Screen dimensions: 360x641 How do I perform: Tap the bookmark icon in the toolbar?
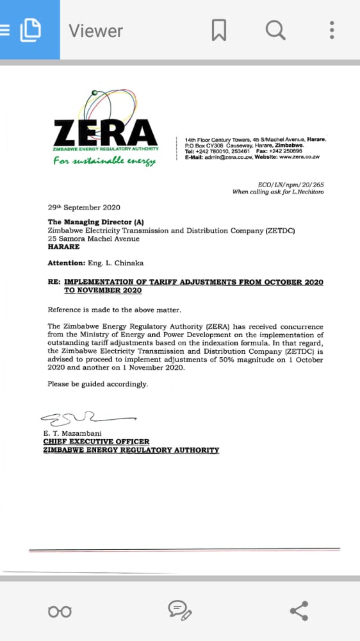click(x=219, y=29)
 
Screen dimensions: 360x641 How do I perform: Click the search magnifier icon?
click(x=275, y=29)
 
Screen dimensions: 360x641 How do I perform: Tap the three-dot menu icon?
click(x=332, y=29)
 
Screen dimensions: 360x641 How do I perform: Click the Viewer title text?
click(x=96, y=30)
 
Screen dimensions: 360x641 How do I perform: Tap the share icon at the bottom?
click(x=299, y=611)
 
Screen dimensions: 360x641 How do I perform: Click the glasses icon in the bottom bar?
click(x=60, y=612)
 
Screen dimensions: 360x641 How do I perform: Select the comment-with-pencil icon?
click(x=179, y=611)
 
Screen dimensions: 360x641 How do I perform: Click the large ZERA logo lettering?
click(x=106, y=133)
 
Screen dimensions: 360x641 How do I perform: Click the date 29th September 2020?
click(x=84, y=207)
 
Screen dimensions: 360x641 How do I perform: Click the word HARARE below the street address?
click(x=64, y=247)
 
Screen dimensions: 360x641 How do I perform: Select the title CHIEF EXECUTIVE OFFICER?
click(x=96, y=442)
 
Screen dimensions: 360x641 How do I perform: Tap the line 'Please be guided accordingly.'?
click(x=98, y=384)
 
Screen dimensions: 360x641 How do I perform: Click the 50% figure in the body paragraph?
click(x=218, y=360)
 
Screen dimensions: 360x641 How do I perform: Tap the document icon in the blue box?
click(x=30, y=29)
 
